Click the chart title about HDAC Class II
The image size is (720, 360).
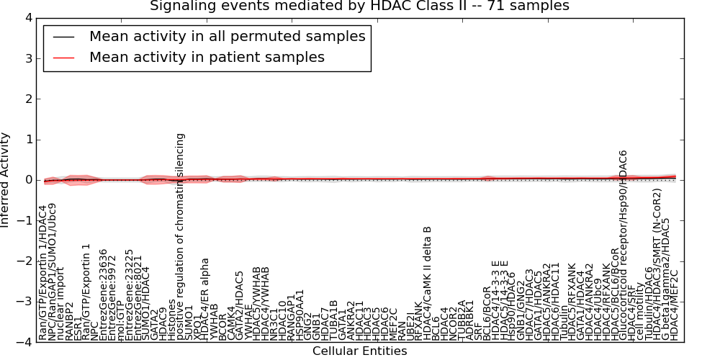pos(359,6)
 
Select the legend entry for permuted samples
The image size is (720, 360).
pos(227,36)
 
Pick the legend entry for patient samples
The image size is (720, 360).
pos(207,57)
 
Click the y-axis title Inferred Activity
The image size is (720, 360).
pos(6,180)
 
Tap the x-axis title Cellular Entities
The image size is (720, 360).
pos(359,351)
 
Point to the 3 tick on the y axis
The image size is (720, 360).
pos(27,58)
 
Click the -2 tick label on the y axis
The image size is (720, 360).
pos(24,261)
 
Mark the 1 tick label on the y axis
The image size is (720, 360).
pos(27,140)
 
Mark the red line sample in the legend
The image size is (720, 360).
pos(63,57)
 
